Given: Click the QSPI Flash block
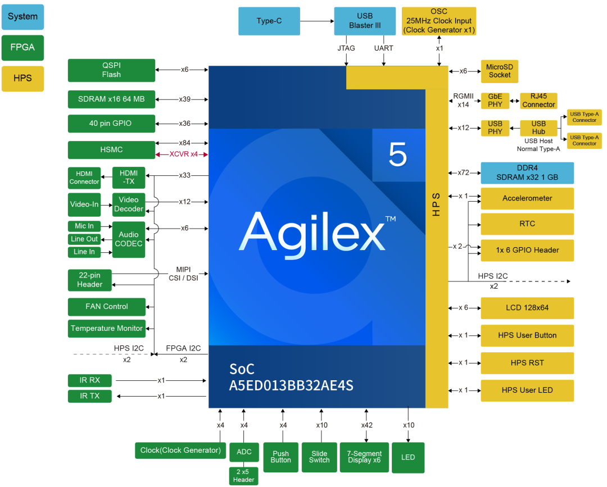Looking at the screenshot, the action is click(111, 70).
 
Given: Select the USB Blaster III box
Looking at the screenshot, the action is click(365, 21).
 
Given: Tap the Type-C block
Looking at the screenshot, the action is click(269, 21).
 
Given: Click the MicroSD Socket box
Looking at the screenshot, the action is click(500, 71).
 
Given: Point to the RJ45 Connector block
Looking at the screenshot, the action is click(538, 101).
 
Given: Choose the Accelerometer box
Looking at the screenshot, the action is click(527, 198).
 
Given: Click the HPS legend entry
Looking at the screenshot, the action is click(22, 79).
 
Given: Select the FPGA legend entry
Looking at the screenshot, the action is click(22, 48).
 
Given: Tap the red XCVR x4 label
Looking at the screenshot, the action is click(183, 154).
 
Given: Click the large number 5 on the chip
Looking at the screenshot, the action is click(397, 154).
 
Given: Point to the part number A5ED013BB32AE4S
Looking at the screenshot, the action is click(291, 386).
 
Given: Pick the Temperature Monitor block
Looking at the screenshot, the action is click(107, 329).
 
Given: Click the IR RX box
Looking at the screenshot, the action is click(90, 380).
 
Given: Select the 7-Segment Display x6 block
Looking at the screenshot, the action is click(364, 457).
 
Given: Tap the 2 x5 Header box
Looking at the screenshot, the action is click(243, 476).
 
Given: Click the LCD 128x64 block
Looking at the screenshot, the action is click(527, 308).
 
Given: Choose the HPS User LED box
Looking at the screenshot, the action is click(527, 390).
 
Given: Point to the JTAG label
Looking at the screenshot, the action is click(346, 48).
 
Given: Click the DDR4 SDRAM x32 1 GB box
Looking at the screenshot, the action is click(527, 173).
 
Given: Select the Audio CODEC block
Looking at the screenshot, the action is click(129, 239).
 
